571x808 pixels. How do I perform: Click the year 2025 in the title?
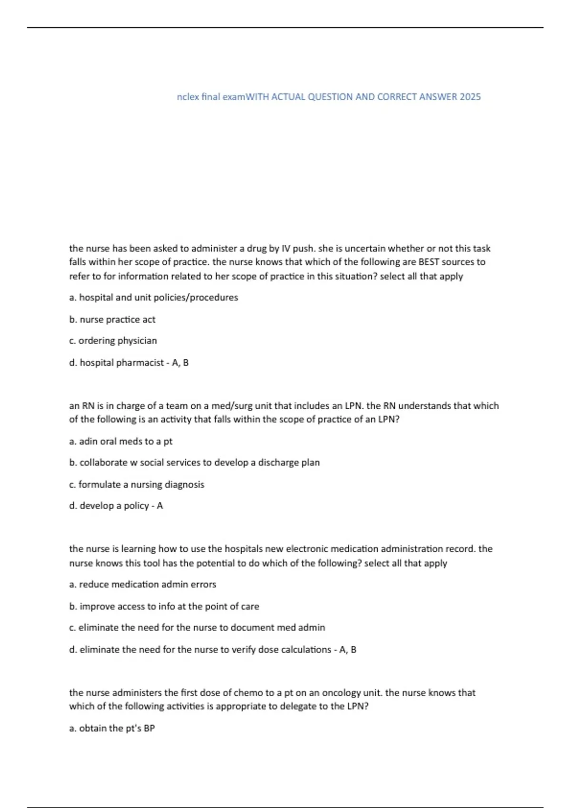[470, 97]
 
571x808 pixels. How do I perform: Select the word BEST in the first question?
[428, 262]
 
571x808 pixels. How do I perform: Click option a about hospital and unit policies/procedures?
[153, 298]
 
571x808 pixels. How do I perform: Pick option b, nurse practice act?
[112, 320]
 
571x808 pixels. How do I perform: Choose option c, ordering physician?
[113, 341]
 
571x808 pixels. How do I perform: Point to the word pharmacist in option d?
[140, 363]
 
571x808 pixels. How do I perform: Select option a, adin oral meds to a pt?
[121, 442]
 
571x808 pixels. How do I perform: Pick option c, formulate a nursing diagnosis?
[137, 485]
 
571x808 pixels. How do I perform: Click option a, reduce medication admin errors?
[143, 585]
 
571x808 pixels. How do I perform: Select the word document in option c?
[253, 628]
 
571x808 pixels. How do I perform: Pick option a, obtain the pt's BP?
[112, 729]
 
